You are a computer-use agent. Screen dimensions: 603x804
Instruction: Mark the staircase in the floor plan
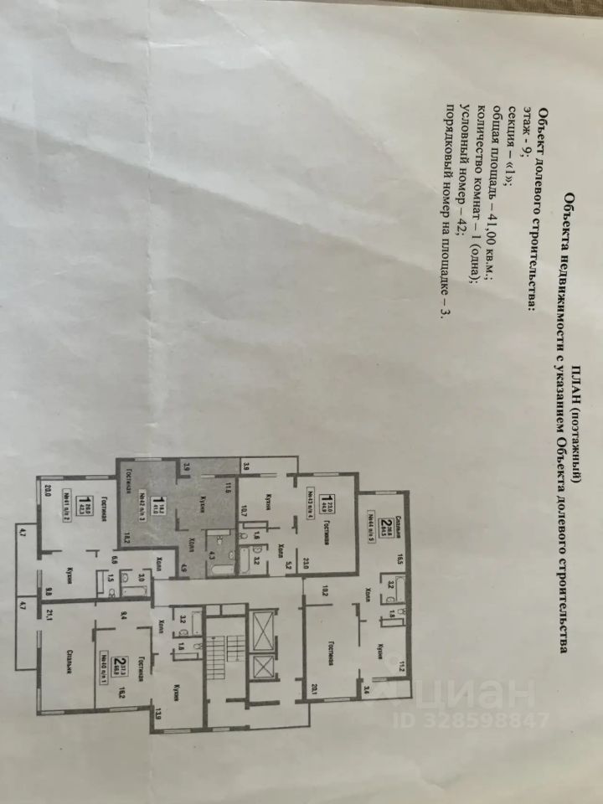coord(221,649)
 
